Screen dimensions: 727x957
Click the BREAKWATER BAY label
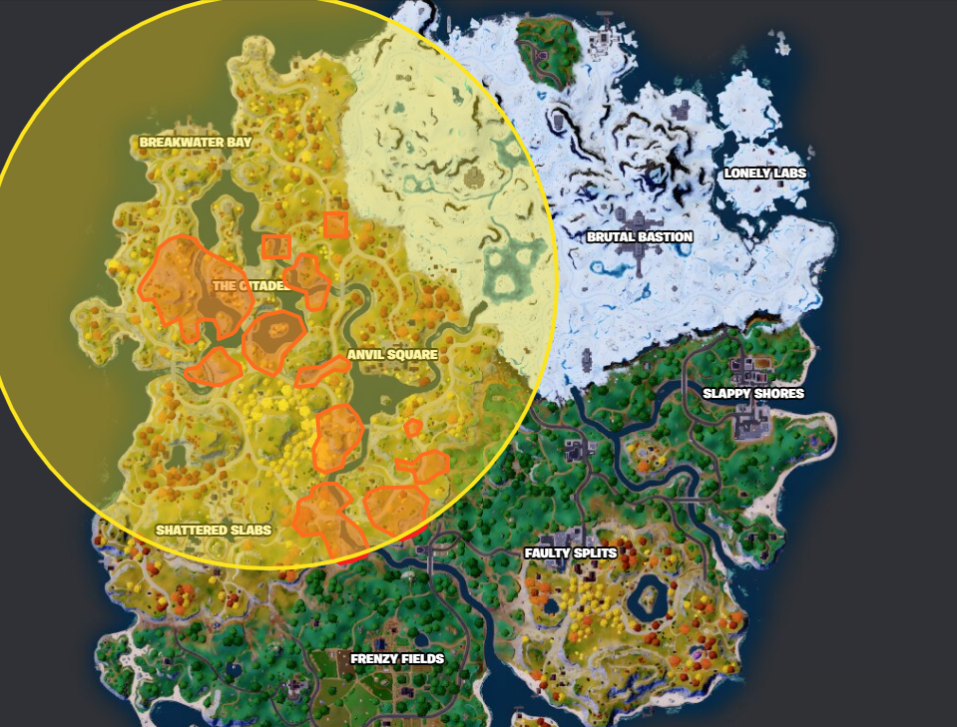[196, 143]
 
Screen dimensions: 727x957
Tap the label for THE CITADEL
[249, 285]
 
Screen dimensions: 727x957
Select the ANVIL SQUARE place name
[392, 355]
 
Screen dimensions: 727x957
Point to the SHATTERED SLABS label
[214, 530]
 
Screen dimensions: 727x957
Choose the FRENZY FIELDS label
[397, 659]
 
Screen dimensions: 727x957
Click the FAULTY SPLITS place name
[571, 552]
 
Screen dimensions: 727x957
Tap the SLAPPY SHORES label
[752, 393]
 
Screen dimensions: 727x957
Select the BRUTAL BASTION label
[640, 237]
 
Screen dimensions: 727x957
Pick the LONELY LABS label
[765, 173]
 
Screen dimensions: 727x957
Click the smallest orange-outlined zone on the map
[412, 428]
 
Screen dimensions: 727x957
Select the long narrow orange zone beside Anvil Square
[322, 372]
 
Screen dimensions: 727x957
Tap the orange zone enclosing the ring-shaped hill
[272, 340]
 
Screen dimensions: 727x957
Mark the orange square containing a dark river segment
[336, 224]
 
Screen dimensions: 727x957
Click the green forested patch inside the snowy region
[548, 40]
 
